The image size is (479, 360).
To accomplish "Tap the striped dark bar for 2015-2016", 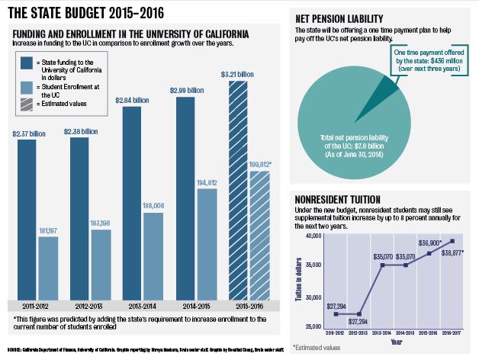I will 240,190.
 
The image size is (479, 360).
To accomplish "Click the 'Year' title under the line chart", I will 396,342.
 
